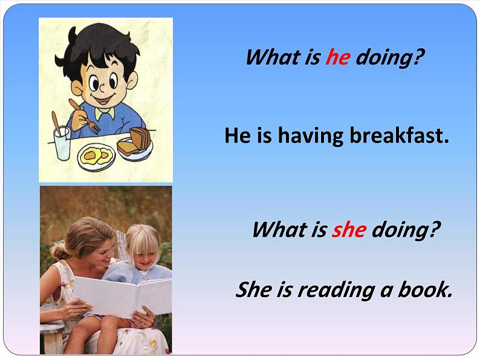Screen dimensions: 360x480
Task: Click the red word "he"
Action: [x=337, y=58]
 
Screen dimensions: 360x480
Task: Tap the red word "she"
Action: [x=349, y=230]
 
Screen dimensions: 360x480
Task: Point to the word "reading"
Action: [x=336, y=291]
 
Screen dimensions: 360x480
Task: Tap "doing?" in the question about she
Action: [x=404, y=230]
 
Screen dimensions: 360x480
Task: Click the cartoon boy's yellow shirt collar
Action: [x=105, y=113]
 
